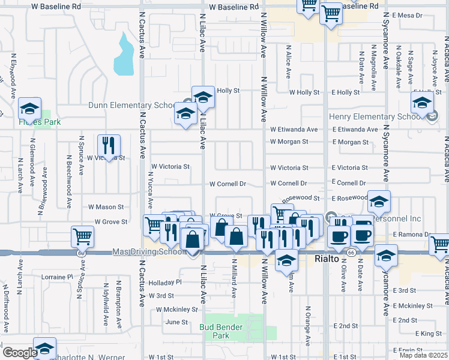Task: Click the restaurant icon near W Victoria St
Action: [x=109, y=145]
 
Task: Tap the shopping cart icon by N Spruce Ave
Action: [x=82, y=236]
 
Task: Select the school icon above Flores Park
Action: [x=29, y=109]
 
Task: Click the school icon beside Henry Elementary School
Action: [x=422, y=101]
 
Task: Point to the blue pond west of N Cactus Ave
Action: [x=124, y=54]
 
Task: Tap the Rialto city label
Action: [x=328, y=259]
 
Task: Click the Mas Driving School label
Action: [x=149, y=252]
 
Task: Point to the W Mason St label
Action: [x=106, y=206]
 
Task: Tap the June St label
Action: [x=176, y=322]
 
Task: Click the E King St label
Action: [x=428, y=333]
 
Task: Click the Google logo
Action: [x=20, y=353]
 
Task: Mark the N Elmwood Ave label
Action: [x=13, y=71]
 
